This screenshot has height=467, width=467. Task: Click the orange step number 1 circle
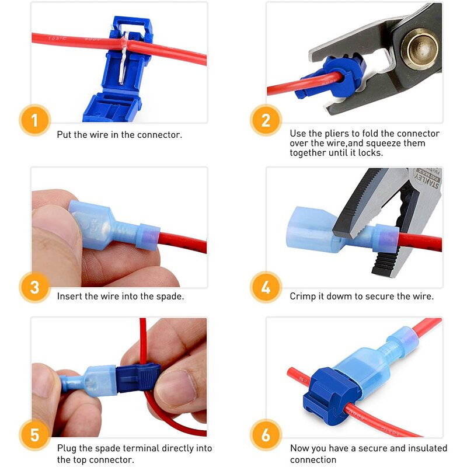point(34,121)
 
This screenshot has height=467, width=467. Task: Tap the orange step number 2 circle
point(266,121)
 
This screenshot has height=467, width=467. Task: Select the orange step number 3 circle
point(34,287)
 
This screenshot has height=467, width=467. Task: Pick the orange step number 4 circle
point(266,287)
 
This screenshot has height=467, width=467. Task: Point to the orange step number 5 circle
point(34,435)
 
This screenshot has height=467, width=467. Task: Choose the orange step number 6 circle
point(266,435)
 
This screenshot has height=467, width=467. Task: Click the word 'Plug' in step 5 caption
point(67,448)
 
